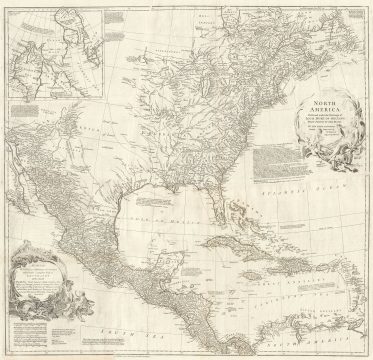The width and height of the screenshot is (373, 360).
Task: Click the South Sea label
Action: click(150, 329)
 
